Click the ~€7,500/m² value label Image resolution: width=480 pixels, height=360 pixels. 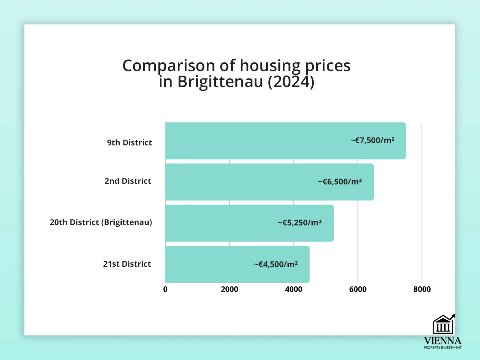point(372,141)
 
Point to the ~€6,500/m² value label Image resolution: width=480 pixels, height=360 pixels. point(340,182)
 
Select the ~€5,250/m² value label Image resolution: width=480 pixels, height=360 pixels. point(300,223)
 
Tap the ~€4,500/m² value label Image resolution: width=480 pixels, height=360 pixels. point(276,264)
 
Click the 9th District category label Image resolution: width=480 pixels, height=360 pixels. point(129,143)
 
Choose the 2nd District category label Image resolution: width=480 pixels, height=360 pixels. point(128,181)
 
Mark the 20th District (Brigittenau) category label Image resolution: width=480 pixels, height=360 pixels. point(101,222)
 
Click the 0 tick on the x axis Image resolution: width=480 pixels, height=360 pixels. point(165,289)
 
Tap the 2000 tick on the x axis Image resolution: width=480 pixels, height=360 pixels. point(229,289)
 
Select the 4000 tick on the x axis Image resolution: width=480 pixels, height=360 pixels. point(294,289)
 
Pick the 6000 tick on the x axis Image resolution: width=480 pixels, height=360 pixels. point(358,289)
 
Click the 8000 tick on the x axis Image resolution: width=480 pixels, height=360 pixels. point(422,289)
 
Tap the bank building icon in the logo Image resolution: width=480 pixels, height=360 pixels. point(443,325)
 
